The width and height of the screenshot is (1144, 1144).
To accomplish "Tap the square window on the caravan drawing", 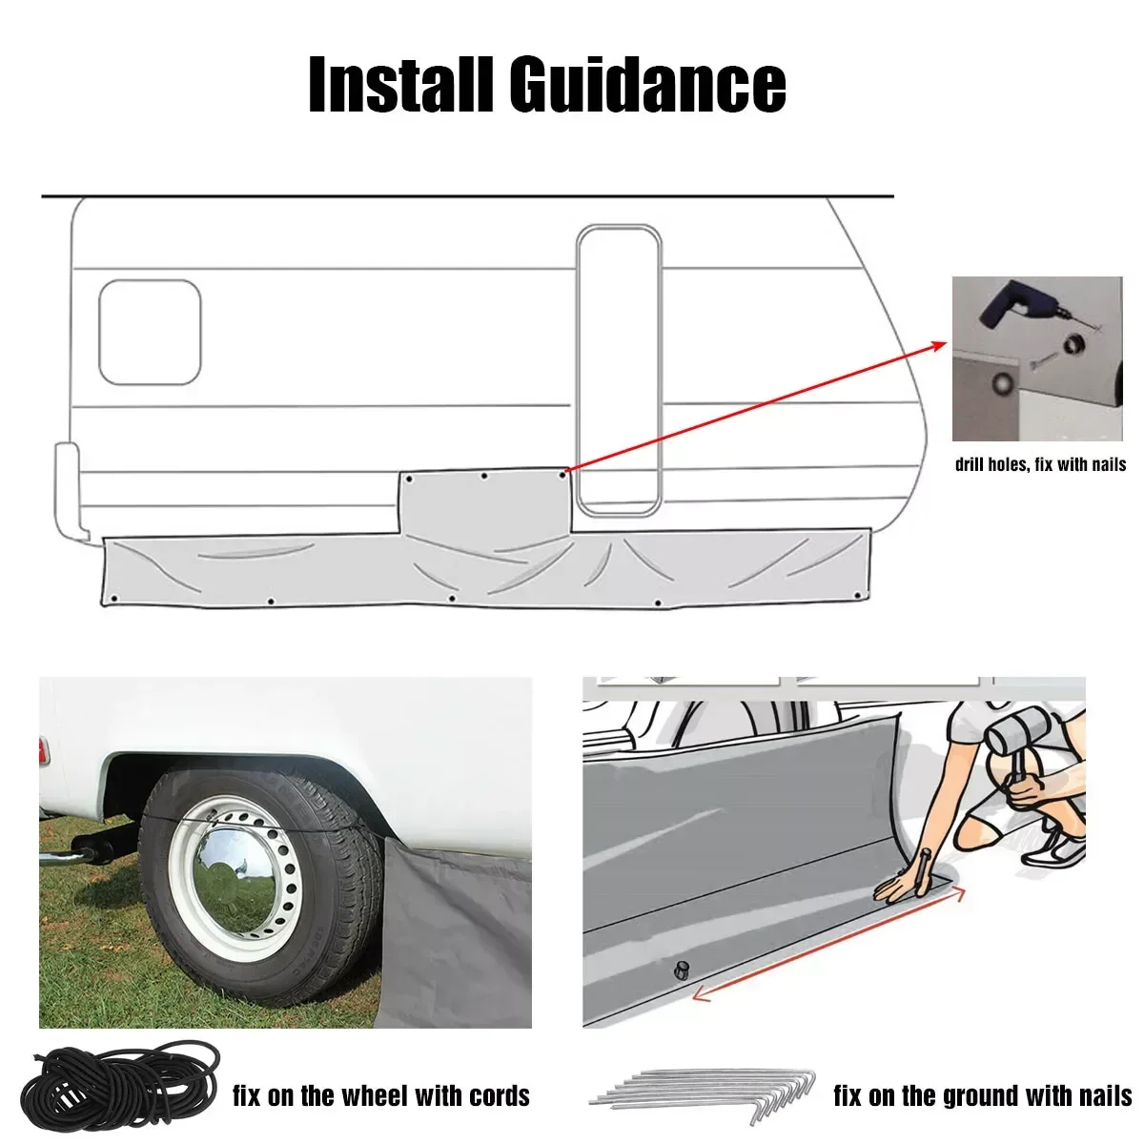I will [150, 332].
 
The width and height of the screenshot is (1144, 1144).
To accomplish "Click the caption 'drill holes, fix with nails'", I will [1040, 465].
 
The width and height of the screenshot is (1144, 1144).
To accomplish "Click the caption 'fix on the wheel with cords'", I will [381, 1095].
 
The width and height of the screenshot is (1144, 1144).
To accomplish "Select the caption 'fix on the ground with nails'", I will [982, 1095].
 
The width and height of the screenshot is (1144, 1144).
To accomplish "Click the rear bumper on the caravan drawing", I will [67, 491].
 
